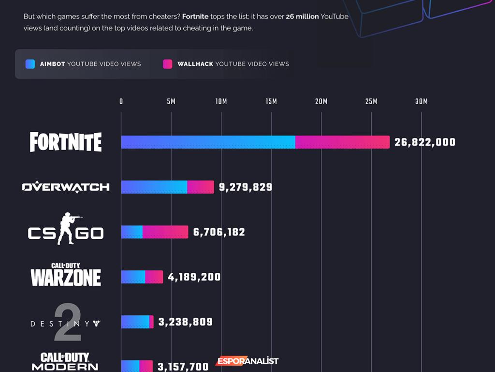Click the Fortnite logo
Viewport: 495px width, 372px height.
tap(66, 142)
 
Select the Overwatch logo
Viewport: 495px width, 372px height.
tap(66, 187)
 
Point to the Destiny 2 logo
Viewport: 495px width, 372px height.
tap(66, 323)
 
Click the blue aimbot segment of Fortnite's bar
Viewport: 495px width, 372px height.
tap(208, 142)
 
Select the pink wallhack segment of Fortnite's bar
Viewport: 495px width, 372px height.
tap(342, 142)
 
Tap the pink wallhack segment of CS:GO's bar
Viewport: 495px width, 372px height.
tap(165, 232)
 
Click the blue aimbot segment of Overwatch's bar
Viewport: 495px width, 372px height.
tap(154, 187)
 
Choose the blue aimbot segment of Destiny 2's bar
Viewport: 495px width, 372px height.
tap(135, 322)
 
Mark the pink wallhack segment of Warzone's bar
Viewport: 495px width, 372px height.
tap(154, 277)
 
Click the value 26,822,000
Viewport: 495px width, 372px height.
tap(425, 142)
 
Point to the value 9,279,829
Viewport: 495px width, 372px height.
tap(246, 187)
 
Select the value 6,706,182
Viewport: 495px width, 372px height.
tap(219, 232)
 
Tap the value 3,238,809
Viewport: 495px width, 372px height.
tap(185, 322)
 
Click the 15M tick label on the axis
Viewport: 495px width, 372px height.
tap(271, 102)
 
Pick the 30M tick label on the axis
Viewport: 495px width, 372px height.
tap(422, 102)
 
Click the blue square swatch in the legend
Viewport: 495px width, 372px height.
tap(30, 64)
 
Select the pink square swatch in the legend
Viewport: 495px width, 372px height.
tap(168, 64)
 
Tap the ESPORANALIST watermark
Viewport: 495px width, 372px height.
tap(247, 361)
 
